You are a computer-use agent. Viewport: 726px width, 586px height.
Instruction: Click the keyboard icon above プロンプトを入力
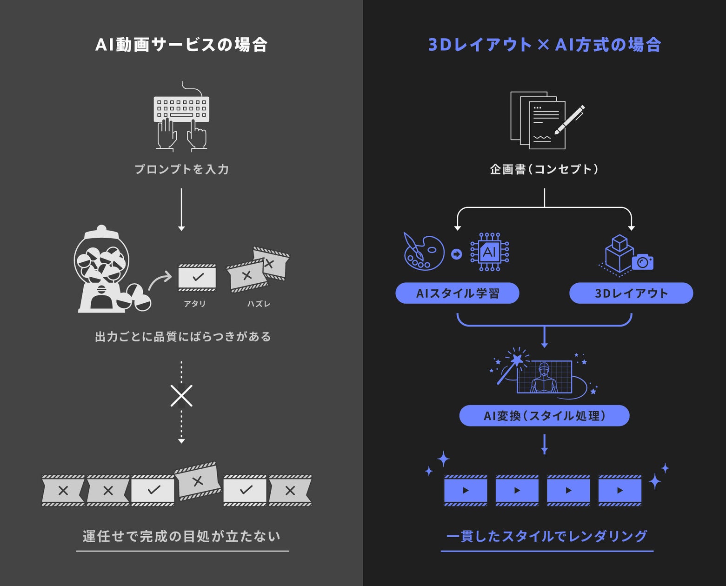pos(181,109)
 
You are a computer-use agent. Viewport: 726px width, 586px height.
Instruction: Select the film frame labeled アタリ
pos(197,278)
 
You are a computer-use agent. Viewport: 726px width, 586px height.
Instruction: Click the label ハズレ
pos(259,304)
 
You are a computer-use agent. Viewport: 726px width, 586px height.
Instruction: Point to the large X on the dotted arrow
pos(181,396)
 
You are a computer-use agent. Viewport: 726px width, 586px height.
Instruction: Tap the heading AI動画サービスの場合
pos(181,45)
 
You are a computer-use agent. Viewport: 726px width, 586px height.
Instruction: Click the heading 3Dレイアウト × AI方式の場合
pos(544,45)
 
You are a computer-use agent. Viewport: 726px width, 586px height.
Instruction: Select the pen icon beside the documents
pos(570,120)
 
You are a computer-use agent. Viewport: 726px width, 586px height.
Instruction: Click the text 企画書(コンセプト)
pos(544,169)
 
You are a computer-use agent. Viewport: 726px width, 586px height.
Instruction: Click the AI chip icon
pos(489,252)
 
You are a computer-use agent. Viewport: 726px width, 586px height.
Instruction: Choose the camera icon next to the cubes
pos(643,262)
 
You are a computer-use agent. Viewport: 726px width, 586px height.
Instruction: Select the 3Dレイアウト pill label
pos(631,293)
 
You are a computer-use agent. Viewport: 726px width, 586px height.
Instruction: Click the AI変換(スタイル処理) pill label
pos(544,415)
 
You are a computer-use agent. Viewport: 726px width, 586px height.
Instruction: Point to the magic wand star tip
pos(517,359)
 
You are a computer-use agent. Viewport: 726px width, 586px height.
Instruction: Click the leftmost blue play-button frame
pos(466,490)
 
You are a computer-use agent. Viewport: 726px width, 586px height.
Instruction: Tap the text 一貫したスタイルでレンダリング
pos(546,536)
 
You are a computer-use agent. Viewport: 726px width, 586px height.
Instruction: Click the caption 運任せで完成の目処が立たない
pos(181,536)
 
